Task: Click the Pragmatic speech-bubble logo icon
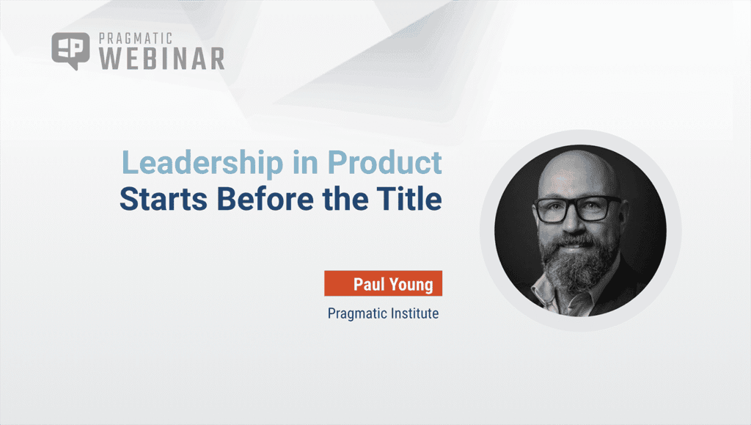(70, 50)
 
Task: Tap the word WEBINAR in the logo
(161, 59)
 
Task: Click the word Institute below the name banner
(416, 314)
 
